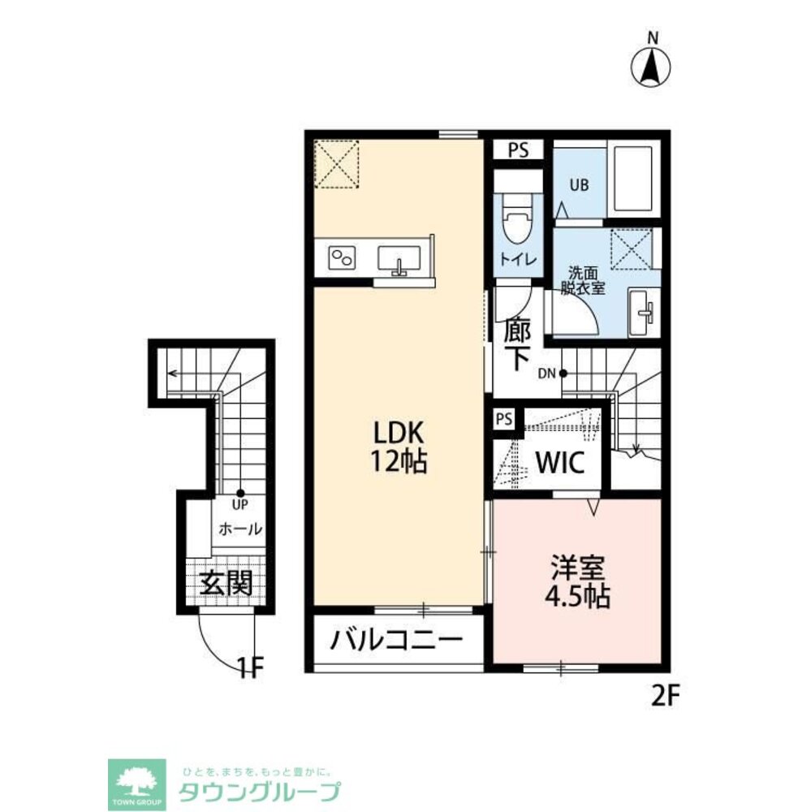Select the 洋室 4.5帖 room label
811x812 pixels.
click(x=577, y=581)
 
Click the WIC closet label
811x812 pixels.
click(x=560, y=463)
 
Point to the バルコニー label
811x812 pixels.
click(x=397, y=641)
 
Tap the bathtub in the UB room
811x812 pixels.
click(x=632, y=179)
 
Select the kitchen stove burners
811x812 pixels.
click(x=343, y=257)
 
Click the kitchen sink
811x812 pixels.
click(x=399, y=260)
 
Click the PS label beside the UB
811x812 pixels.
click(x=518, y=150)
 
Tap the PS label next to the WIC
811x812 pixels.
click(x=504, y=419)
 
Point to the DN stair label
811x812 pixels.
click(x=546, y=374)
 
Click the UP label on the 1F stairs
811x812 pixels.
click(x=240, y=504)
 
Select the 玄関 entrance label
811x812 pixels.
click(x=226, y=584)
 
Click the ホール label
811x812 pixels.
click(x=239, y=529)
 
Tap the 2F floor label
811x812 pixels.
click(x=664, y=696)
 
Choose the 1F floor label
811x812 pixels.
click(x=251, y=667)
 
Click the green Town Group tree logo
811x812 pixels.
click(x=136, y=784)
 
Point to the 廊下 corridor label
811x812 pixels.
click(x=517, y=344)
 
